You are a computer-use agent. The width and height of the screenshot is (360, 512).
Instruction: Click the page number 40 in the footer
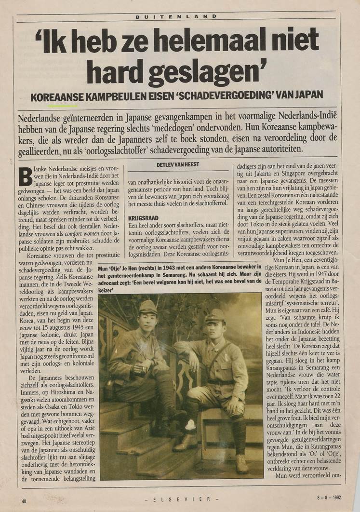tap(24, 501)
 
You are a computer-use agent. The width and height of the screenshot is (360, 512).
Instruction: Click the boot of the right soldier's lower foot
tap(241, 463)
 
